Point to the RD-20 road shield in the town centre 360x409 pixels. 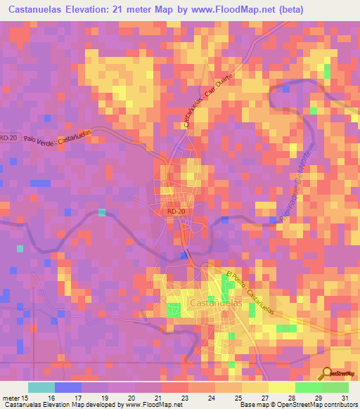coord(176,210)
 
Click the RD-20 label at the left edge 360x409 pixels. coord(8,138)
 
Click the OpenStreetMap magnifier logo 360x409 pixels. coord(326,373)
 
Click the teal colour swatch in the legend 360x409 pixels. coord(41,387)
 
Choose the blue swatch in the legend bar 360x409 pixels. coord(68,387)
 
